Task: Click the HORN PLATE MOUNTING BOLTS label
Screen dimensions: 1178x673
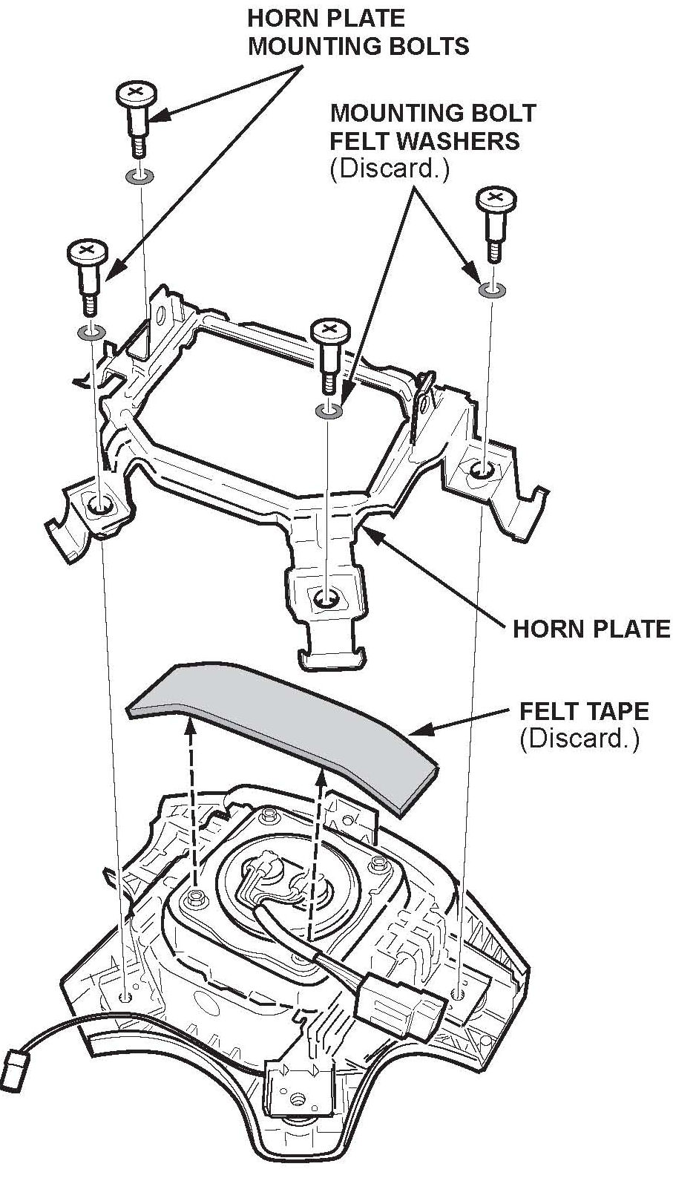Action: click(358, 31)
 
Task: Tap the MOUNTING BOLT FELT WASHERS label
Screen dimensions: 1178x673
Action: click(433, 126)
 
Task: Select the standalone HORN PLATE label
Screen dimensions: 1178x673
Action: click(591, 629)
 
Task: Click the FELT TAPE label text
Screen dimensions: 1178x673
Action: click(584, 711)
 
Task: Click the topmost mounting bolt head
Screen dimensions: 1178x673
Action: click(135, 94)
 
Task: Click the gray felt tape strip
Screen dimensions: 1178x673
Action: click(282, 727)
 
